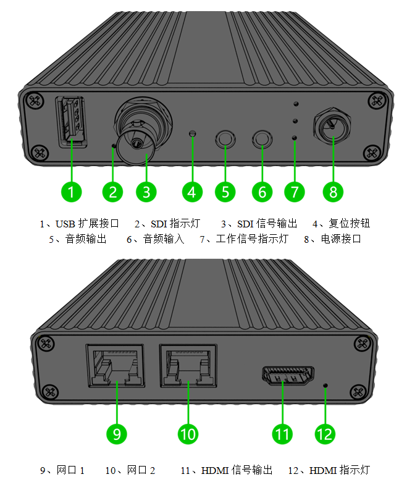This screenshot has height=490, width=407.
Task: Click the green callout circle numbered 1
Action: coord(72,192)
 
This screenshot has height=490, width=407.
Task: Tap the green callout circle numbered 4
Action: coord(192,192)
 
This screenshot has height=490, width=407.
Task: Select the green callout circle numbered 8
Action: coord(333,192)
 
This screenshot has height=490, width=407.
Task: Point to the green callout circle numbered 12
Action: coord(325,434)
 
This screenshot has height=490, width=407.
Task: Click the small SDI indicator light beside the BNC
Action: coord(113,146)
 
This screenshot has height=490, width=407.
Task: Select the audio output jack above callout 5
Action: coord(225,139)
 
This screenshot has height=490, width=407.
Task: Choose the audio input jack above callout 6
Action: coord(262,139)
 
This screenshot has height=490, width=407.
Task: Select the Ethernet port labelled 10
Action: coord(188,365)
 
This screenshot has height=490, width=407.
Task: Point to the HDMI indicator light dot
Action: coord(325,387)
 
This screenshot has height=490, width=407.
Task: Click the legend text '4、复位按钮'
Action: coord(341,223)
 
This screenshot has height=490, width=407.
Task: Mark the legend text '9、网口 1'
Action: coord(62,470)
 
